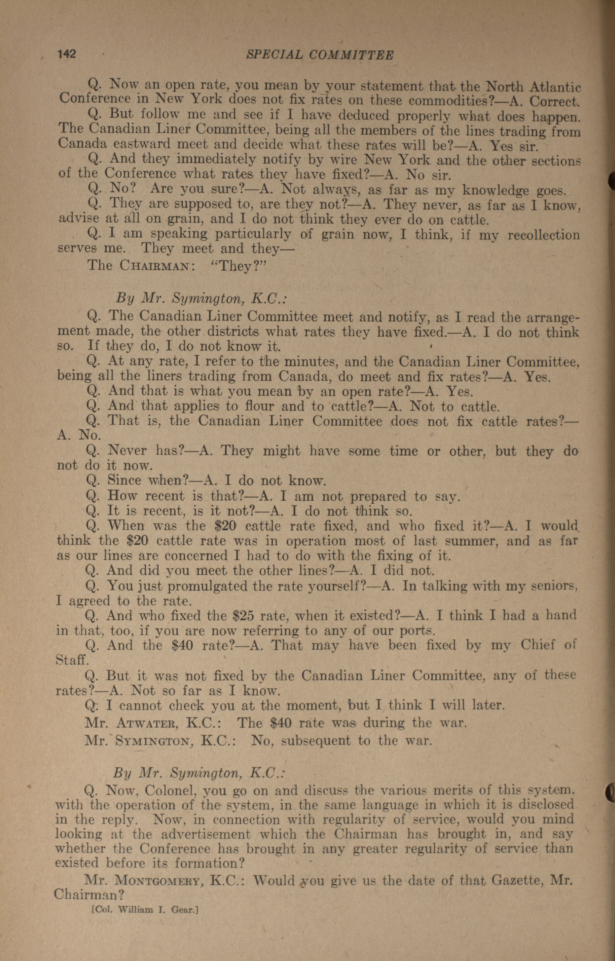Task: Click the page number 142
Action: click(x=67, y=53)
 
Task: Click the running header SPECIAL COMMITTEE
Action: click(x=320, y=55)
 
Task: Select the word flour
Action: click(x=258, y=406)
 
